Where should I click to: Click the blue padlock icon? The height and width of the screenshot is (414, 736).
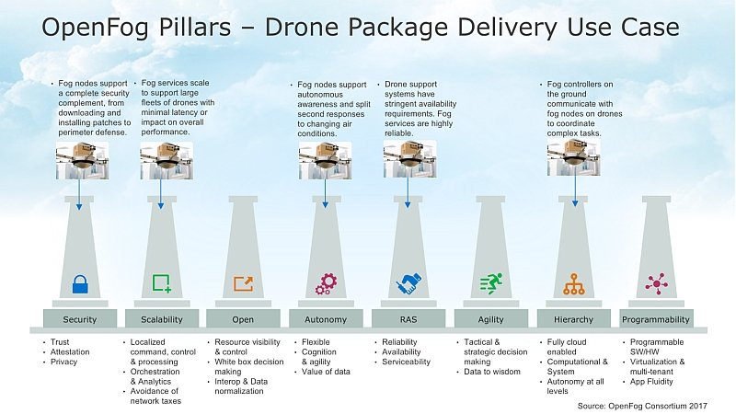coord(80,284)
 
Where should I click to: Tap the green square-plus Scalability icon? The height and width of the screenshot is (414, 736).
coord(162,283)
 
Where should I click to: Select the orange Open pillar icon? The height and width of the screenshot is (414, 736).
coord(244,283)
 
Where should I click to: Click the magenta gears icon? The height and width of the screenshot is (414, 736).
coord(326,284)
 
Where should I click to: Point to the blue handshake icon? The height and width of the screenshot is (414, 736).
coord(408,283)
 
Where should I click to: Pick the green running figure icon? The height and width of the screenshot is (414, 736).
coord(491,283)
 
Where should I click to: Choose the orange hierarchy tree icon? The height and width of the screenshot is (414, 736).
coord(573,284)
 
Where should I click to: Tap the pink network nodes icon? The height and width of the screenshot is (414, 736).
coord(656,283)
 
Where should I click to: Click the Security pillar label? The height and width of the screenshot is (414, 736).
coord(80,319)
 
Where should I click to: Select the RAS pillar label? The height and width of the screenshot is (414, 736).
coord(408,319)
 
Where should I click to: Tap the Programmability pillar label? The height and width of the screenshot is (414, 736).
coord(656,319)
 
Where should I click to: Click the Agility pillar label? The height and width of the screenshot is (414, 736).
coord(490,319)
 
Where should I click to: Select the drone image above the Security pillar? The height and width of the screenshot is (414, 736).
coord(82,161)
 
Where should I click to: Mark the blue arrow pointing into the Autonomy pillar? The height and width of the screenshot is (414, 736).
coord(325,193)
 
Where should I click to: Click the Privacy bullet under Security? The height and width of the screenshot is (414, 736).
coord(63,362)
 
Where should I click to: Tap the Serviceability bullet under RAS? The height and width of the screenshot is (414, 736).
coord(406,362)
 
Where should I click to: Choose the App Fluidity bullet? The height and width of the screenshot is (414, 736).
coord(651,382)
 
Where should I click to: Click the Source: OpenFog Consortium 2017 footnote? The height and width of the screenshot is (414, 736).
coord(642,406)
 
